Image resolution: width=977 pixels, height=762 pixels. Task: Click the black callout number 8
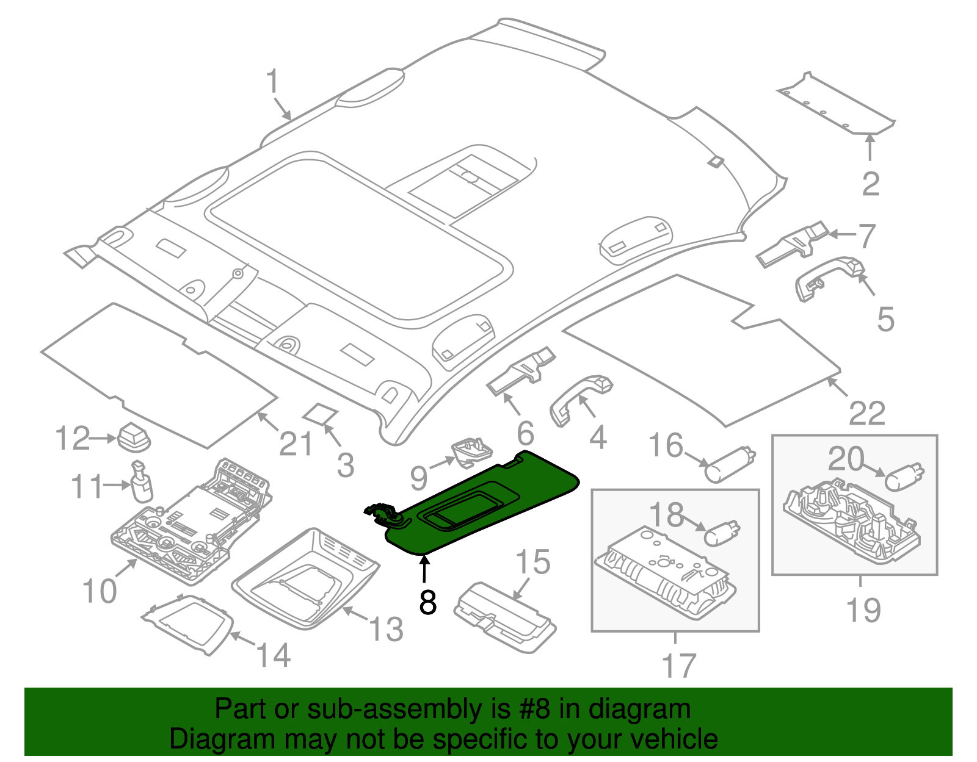point(428,602)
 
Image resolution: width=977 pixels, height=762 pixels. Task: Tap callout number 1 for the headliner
point(272,82)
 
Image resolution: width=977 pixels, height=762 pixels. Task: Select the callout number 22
point(867,414)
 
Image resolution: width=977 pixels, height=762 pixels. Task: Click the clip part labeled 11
point(142,482)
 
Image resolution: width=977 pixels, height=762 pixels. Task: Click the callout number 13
point(387,628)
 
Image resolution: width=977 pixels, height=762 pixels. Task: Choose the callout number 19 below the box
point(863,610)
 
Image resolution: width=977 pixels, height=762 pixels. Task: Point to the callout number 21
point(296,444)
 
